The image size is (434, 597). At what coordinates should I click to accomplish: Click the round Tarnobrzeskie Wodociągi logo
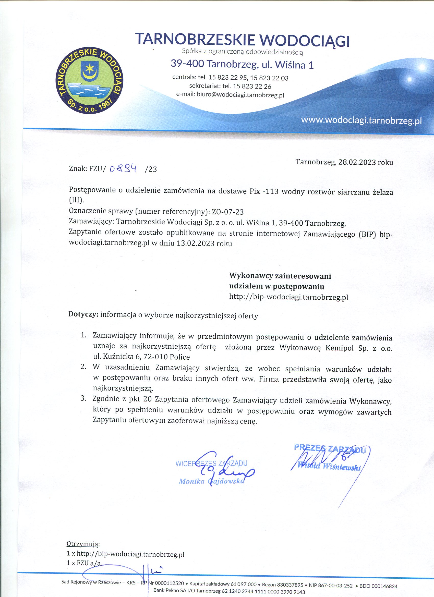point(90,81)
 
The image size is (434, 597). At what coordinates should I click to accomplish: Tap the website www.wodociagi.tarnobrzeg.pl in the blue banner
point(361,120)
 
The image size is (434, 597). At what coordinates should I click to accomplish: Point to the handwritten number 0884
point(123,169)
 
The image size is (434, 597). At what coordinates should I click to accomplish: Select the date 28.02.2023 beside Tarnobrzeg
point(357,162)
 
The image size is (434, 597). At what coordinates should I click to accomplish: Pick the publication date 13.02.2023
point(195,243)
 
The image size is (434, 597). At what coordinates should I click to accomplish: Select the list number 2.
point(83,367)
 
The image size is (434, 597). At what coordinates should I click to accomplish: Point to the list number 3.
point(83,398)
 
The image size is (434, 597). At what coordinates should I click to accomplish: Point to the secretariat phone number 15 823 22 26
point(252,86)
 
